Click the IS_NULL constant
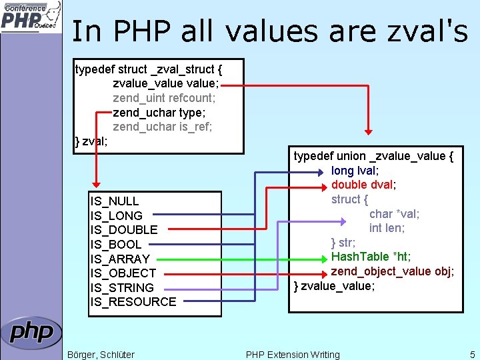pos(114,201)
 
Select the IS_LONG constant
pos(116,216)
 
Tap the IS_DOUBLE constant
pos(124,230)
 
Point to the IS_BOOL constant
pos(116,245)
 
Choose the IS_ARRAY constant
pos(120,259)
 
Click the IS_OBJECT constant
pos(123,273)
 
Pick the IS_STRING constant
pos(122,288)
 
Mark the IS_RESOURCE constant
pos(133,302)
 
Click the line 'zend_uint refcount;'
pos(164,98)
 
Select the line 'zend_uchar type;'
pos(159,113)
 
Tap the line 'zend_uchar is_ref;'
pos(163,127)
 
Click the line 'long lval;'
pos(355,171)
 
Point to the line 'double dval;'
pos(363,185)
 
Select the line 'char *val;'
pos(394,214)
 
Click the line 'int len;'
pos(387,228)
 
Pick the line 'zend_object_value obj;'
pos(393,271)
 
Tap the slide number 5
pos(472,355)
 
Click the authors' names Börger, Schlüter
pos(101,355)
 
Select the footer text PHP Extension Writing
pos(293,355)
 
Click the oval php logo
pos(31,332)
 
